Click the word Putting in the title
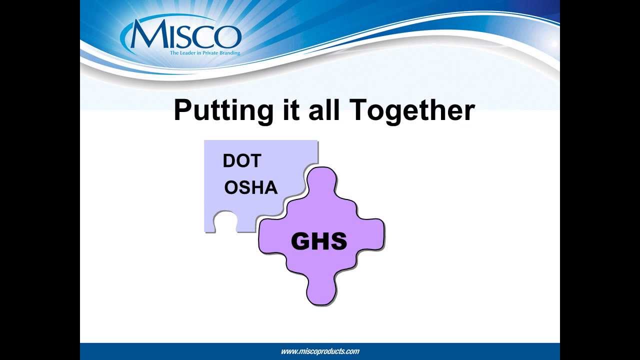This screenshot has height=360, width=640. pos(223,110)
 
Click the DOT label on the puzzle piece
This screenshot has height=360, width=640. pos(242,161)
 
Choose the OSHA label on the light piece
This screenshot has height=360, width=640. pos(250,188)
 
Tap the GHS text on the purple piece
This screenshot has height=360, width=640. pos(318,242)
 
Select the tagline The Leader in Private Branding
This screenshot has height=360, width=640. pos(204,52)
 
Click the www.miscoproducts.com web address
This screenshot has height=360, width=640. pos(320,351)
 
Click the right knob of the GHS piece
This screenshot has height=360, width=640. pos(372,233)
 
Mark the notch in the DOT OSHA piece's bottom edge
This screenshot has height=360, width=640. pos(225,222)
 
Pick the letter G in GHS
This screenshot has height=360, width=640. pos(301,242)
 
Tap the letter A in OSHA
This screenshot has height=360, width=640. pos(270,188)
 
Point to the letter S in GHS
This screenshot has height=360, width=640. pos(338,242)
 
